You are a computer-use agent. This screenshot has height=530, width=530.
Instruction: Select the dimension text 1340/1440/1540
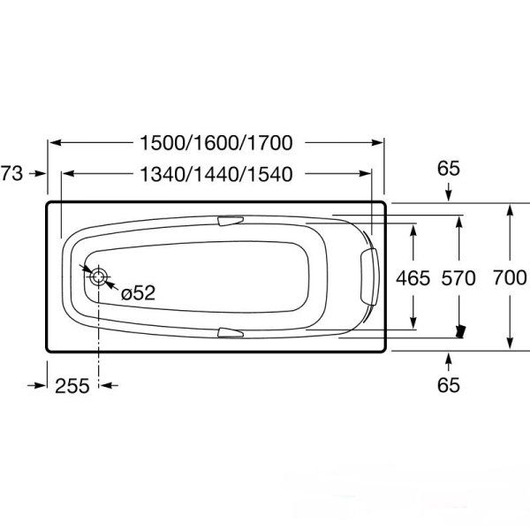click(x=215, y=174)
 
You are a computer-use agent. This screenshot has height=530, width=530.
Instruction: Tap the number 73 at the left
click(x=11, y=174)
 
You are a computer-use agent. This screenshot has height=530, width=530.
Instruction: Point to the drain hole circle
click(x=98, y=276)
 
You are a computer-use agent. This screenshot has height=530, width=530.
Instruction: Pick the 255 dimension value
click(x=72, y=385)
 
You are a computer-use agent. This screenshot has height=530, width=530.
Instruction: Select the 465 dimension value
click(x=414, y=279)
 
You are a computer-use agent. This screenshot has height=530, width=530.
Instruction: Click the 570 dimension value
click(x=458, y=279)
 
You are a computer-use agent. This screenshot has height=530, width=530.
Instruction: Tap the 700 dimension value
click(x=510, y=279)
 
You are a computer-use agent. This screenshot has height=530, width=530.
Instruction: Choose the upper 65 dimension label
click(x=449, y=167)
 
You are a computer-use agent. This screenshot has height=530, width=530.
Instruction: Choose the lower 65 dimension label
click(x=449, y=385)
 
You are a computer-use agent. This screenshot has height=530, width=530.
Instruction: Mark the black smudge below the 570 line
click(x=458, y=332)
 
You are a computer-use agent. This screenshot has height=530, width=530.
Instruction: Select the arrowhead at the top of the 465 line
click(x=414, y=227)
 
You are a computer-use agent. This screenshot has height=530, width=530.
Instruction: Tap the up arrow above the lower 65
click(x=449, y=358)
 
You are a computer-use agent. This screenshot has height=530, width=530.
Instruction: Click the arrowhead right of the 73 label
click(x=40, y=174)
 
